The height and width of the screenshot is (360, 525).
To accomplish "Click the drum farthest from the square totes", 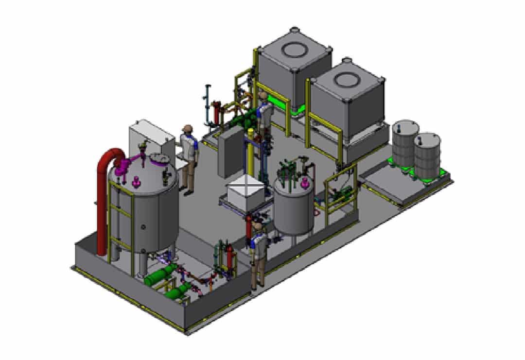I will (x=427, y=152).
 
